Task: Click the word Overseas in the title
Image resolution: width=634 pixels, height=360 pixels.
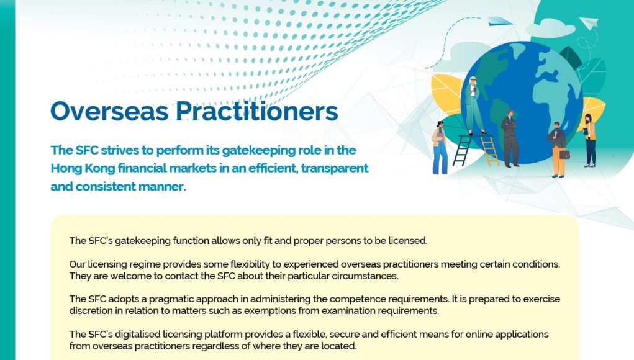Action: [x=109, y=111]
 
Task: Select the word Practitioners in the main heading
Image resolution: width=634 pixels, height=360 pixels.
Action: [x=256, y=111]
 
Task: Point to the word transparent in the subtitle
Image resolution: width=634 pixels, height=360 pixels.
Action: [x=334, y=168]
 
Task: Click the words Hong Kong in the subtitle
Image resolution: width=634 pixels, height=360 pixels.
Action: [x=83, y=168]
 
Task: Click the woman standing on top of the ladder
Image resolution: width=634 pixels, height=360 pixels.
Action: [x=473, y=105]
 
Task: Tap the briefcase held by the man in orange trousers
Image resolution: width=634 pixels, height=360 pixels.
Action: [x=564, y=154]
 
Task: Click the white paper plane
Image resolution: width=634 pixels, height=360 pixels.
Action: [x=589, y=22]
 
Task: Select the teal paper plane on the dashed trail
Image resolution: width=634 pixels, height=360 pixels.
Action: [x=499, y=21]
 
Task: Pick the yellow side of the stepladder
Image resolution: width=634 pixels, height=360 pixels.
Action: [x=490, y=151]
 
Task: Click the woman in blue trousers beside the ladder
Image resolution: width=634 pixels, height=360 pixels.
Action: [x=440, y=148]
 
